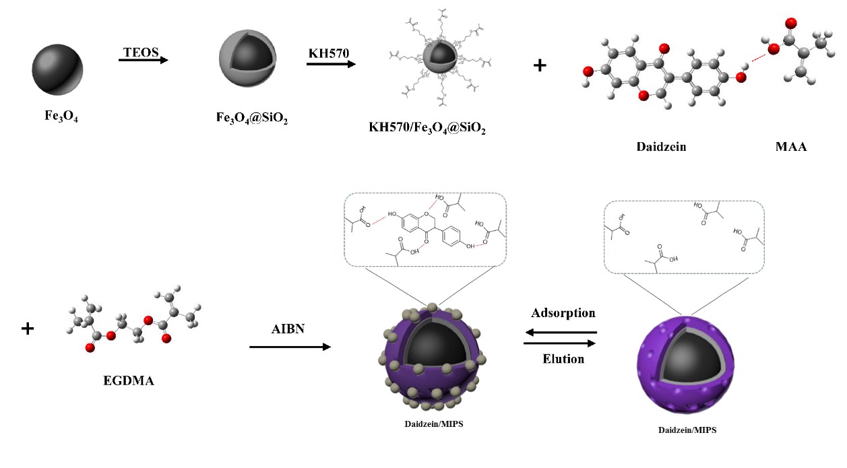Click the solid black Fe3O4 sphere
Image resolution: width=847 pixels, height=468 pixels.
point(57,67)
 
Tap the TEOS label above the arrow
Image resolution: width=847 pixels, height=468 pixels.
point(140,52)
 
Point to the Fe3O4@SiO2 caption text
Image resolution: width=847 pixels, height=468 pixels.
point(249,123)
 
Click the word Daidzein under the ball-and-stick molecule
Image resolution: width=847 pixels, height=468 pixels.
point(660,146)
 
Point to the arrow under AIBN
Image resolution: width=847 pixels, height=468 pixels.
point(290,347)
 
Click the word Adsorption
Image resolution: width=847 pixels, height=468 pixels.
point(563,313)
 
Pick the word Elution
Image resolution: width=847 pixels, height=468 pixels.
point(563,358)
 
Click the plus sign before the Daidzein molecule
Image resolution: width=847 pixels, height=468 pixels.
point(540,66)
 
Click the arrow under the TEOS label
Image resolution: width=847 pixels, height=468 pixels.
point(143,61)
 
